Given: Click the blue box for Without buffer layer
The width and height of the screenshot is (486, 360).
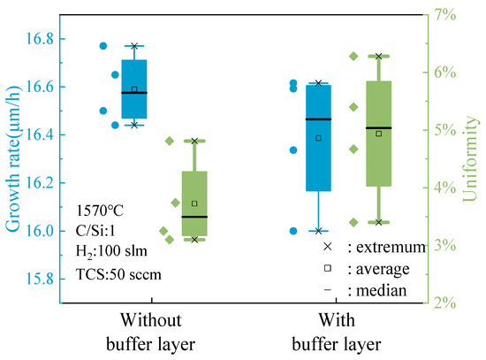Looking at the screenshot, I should (134, 88).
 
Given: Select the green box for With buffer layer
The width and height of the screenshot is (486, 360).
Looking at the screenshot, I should (378, 134).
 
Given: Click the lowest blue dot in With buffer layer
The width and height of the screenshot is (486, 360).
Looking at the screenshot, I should (293, 231).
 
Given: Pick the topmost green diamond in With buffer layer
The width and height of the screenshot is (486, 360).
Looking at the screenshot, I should (353, 56).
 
